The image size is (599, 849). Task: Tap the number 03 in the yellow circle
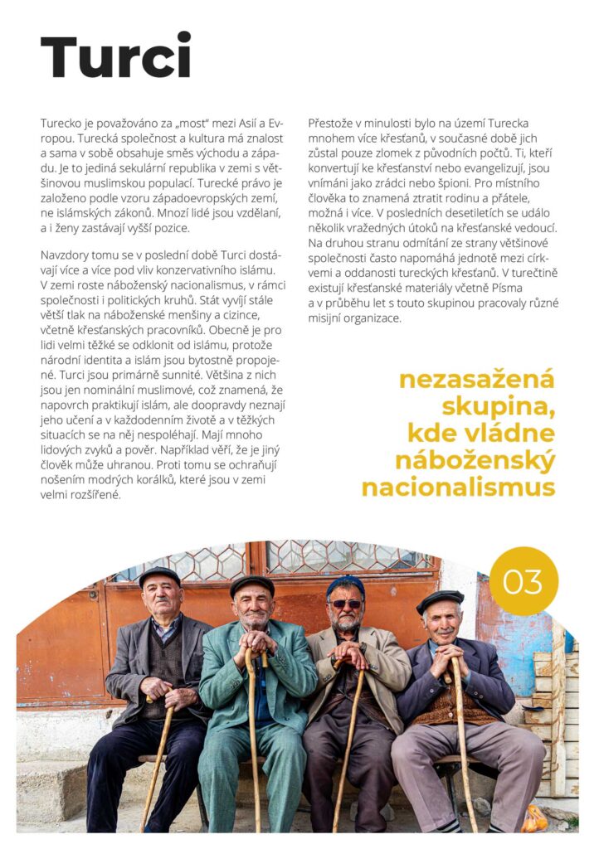click(x=523, y=581)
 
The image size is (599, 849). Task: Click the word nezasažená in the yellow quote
click(x=476, y=380)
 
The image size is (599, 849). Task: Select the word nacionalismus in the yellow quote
click(x=458, y=487)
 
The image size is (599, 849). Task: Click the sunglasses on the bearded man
click(x=345, y=604)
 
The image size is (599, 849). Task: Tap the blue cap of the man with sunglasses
click(x=345, y=585)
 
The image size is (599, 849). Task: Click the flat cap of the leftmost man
click(x=158, y=575)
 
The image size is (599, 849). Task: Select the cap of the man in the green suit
click(x=251, y=584)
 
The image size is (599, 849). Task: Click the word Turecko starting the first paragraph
click(x=62, y=122)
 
